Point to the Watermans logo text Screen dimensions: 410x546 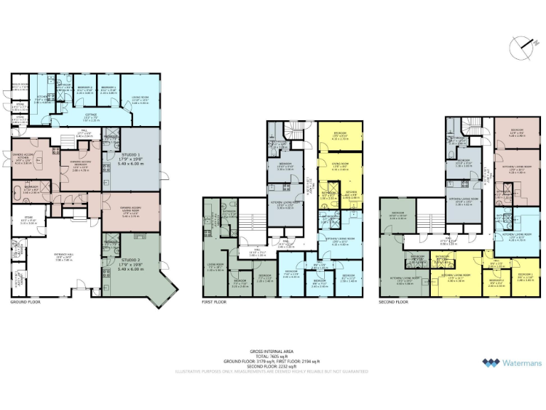pyautogui.click(x=522, y=363)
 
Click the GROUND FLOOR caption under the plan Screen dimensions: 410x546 pyautogui.click(x=26, y=302)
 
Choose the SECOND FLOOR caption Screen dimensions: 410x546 pyautogui.click(x=394, y=302)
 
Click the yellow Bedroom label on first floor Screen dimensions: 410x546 pyautogui.click(x=341, y=135)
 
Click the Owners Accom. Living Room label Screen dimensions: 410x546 pyautogui.click(x=120, y=209)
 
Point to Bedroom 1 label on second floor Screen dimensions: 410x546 pyautogui.click(x=525, y=275)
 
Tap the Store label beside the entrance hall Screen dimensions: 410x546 pyautogui.click(x=28, y=221)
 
